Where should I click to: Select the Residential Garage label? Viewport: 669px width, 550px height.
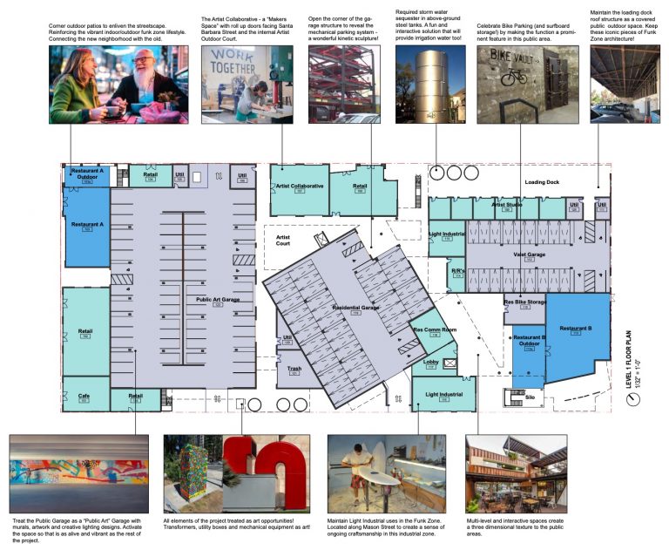pyautogui.click(x=357, y=308)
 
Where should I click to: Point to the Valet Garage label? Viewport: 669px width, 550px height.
pyautogui.click(x=529, y=255)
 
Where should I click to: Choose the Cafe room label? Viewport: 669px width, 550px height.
pyautogui.click(x=84, y=396)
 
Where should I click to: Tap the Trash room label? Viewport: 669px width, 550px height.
pyautogui.click(x=294, y=369)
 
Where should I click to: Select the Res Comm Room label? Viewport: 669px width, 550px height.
pyautogui.click(x=435, y=330)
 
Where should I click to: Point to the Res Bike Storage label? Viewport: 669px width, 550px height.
pyautogui.click(x=525, y=302)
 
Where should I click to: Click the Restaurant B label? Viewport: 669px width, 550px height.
pyautogui.click(x=576, y=329)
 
